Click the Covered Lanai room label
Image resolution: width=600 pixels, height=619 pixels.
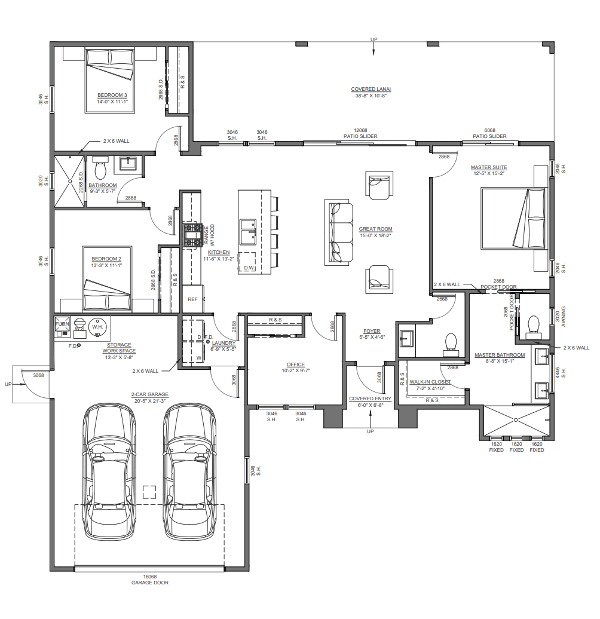coord(371,92)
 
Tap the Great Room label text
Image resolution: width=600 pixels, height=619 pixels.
coord(375,232)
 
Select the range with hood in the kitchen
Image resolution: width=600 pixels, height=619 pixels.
coord(192,235)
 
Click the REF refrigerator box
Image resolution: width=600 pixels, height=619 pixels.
coord(192,299)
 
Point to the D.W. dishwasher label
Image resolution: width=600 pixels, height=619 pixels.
coord(249,268)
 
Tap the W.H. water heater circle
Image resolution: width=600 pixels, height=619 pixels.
coord(97,327)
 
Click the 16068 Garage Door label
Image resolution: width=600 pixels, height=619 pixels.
coord(150,579)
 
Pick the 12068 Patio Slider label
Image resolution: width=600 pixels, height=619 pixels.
coord(360,133)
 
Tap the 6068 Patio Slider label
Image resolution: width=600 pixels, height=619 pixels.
coord(489,133)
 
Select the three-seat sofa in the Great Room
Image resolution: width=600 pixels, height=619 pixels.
coord(339,232)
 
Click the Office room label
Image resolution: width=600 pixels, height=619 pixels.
coord(296,367)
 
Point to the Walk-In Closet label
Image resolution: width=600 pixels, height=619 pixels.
coord(430,385)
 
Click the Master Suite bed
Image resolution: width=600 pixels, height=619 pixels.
coord(513,218)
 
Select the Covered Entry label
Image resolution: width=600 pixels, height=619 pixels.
coord(371,402)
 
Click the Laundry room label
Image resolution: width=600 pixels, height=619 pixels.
coord(224,346)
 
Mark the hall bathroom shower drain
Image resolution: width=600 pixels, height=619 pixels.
coord(70,181)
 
